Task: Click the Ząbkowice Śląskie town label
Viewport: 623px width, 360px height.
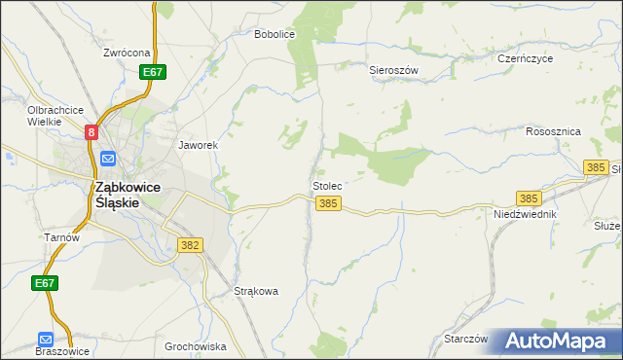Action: (117, 195)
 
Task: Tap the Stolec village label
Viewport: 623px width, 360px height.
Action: (327, 185)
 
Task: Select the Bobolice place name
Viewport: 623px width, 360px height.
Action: (274, 34)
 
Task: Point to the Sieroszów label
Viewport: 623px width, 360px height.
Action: (393, 70)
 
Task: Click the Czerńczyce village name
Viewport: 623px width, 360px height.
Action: (525, 58)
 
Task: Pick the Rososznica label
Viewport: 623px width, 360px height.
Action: (553, 131)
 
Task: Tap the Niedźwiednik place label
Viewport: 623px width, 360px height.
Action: (524, 213)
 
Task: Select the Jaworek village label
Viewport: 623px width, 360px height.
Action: (197, 145)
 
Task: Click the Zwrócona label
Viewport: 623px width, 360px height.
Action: (127, 53)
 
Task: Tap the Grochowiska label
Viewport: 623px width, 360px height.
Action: (195, 346)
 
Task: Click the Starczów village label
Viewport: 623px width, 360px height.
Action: (464, 339)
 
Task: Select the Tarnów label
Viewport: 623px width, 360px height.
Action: (60, 236)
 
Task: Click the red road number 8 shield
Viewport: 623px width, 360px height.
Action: (92, 132)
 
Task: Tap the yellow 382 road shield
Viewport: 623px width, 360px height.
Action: (190, 245)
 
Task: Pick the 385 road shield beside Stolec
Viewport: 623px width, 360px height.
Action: (328, 203)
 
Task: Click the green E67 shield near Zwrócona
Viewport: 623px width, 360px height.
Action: (152, 72)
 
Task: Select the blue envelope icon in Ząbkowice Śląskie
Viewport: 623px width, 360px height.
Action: (107, 158)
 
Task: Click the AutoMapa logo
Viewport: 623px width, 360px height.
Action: (558, 341)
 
